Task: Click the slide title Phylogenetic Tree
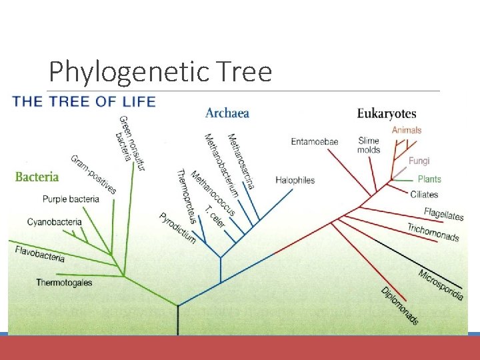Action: pos(160,71)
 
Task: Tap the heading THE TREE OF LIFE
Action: pos(84,101)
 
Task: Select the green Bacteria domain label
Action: pos(37,177)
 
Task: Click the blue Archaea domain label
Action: pos(227,113)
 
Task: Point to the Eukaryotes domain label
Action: pos(387,114)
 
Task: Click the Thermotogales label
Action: pos(64,283)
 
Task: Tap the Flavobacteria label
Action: pos(40,253)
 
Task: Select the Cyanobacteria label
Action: pos(55,222)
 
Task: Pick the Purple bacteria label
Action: pos(71,199)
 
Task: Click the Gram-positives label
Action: pos(93,175)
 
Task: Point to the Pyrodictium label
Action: pos(177,227)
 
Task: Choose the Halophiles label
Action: pos(295,180)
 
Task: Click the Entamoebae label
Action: pos(315,141)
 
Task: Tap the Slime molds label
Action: pos(369,145)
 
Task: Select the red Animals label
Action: pos(407,130)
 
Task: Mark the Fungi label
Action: pos(419,161)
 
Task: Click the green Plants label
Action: pos(429,179)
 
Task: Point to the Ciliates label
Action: pos(425,195)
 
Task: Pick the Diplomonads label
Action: pos(400,305)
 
